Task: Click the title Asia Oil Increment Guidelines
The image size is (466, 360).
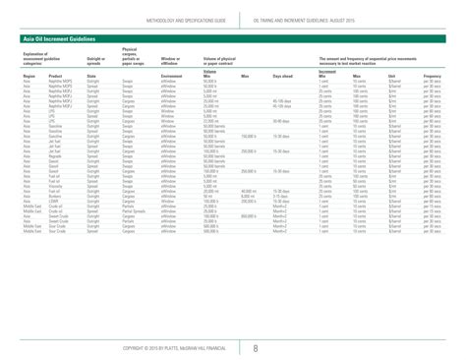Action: click(x=55, y=37)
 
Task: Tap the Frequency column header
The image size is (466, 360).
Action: click(x=437, y=102)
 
